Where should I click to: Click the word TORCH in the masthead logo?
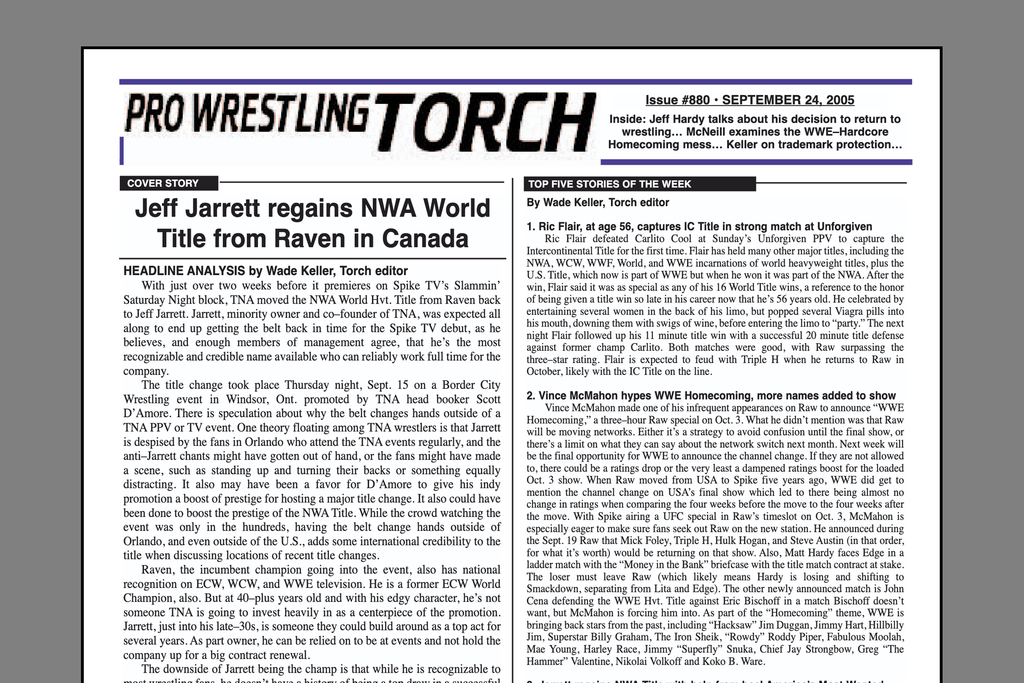click(x=487, y=123)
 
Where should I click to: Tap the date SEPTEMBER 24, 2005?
click(x=788, y=100)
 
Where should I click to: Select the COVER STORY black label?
click(x=163, y=183)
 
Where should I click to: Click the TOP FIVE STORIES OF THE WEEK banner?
click(x=609, y=184)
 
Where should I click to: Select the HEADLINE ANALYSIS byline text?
click(x=265, y=271)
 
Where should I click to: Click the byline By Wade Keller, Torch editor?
click(x=598, y=203)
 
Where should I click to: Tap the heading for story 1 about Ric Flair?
click(x=699, y=227)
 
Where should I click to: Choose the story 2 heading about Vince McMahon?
click(x=710, y=396)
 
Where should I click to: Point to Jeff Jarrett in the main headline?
click(x=197, y=208)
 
